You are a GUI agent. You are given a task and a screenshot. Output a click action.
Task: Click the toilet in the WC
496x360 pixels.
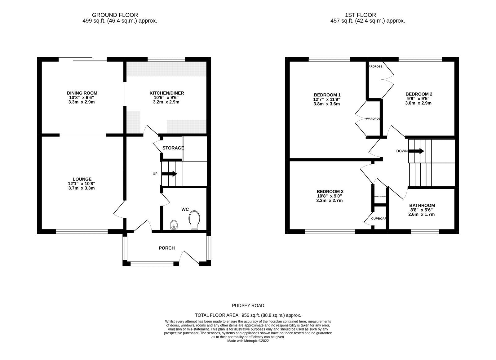point(194,221)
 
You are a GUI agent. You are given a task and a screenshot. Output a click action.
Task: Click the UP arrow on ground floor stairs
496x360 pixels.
point(169,174)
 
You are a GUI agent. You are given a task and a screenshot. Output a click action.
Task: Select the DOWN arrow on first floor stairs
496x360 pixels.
point(416,151)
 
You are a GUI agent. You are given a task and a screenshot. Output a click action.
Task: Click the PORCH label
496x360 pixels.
point(167,248)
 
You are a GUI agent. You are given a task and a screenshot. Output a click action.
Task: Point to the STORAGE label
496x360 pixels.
point(173,148)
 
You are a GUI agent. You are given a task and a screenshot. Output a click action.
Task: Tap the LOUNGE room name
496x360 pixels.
point(82,179)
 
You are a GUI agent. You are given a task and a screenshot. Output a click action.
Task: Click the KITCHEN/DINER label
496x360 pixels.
point(167,93)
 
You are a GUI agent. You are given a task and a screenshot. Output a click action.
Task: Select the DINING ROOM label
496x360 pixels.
point(82,93)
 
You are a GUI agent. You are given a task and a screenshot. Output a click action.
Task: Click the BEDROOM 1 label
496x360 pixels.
point(327,95)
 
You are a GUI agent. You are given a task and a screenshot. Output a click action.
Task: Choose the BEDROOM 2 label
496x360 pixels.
point(419,94)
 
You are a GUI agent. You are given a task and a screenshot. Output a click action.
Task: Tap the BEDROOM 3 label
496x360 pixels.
point(330,192)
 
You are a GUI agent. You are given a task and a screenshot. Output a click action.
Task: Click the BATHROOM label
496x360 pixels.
point(422,205)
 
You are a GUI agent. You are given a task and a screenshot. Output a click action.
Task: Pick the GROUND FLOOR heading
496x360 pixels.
point(115,15)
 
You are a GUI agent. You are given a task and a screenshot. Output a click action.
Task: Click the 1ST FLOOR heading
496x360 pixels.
point(361,15)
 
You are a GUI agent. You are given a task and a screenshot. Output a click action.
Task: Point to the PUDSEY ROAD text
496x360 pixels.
point(248,305)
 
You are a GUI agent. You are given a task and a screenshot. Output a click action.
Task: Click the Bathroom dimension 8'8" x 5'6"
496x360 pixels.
point(422,210)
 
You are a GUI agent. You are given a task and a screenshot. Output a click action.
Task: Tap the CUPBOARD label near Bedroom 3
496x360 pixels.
point(379,219)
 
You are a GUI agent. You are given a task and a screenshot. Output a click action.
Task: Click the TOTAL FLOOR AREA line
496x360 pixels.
point(248,315)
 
